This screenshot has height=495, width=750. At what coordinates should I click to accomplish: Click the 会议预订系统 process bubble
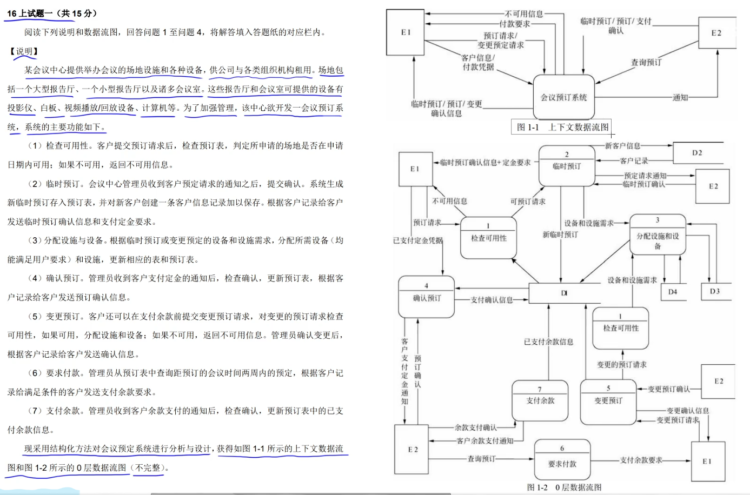click(x=563, y=97)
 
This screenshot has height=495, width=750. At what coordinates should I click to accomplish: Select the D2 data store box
click(x=697, y=153)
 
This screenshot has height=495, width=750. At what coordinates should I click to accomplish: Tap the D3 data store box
click(x=714, y=291)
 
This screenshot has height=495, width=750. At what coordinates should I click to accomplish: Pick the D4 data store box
click(x=672, y=292)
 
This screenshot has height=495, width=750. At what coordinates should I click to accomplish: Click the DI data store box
click(x=564, y=293)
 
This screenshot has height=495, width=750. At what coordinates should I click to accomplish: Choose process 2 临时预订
click(x=566, y=165)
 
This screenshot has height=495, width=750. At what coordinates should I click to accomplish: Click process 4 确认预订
click(x=426, y=297)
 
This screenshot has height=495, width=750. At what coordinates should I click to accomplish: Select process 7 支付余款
click(x=540, y=400)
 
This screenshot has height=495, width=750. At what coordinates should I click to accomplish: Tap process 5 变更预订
click(x=608, y=400)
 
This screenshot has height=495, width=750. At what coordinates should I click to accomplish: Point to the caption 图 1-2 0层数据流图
click(x=564, y=487)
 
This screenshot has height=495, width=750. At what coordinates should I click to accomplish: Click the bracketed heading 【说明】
click(x=24, y=51)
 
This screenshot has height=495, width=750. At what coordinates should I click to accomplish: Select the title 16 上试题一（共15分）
click(x=52, y=14)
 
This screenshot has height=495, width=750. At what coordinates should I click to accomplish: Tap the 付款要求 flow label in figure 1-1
click(x=514, y=24)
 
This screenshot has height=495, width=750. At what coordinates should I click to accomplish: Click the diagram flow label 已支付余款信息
click(x=548, y=342)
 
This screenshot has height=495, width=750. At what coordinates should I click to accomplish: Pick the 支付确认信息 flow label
click(x=491, y=299)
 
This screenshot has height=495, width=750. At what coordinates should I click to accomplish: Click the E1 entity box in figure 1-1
click(x=406, y=32)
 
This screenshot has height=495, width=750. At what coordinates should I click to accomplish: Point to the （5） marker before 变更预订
click(x=35, y=317)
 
